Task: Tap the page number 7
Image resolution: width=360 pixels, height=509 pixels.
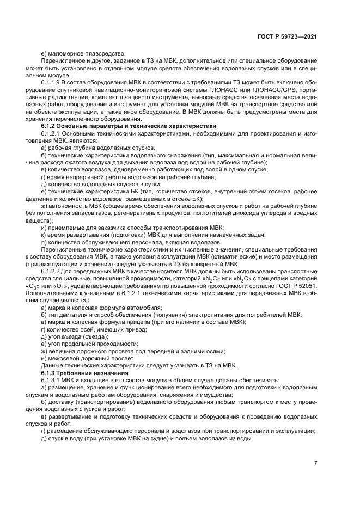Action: (316, 462)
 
